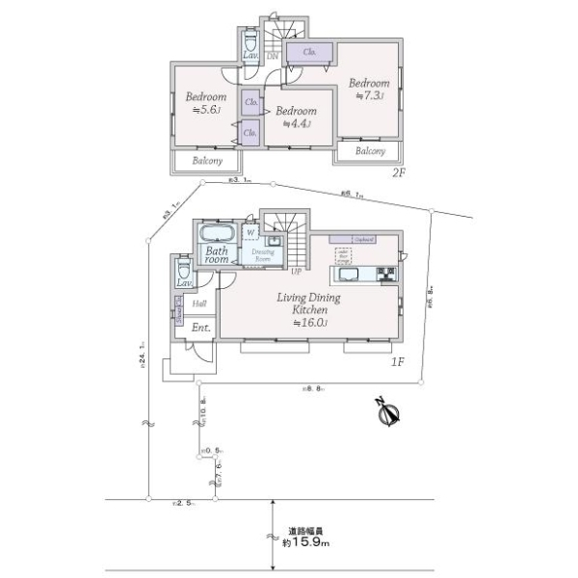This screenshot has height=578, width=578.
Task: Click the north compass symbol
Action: tap(390, 412)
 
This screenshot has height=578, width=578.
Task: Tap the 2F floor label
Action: tap(399, 172)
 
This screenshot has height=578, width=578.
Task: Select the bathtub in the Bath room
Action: tap(217, 235)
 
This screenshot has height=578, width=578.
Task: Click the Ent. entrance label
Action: tap(200, 328)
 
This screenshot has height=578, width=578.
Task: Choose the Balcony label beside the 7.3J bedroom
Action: tap(371, 151)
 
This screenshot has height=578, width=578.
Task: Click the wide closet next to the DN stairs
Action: tap(310, 52)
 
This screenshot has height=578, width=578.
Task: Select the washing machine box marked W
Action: tap(250, 232)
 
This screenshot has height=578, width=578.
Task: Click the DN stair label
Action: tap(273, 55)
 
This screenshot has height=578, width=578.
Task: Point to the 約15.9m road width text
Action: tap(306, 538)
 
